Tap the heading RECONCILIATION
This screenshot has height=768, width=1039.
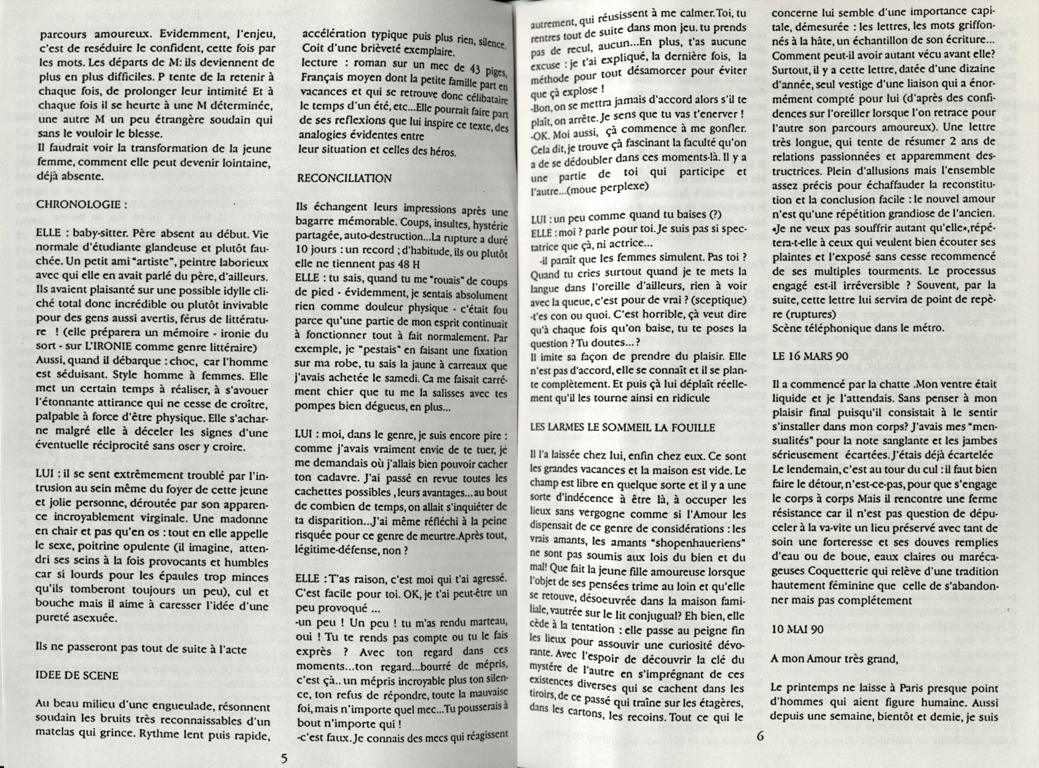click(x=344, y=178)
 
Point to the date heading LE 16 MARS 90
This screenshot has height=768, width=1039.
click(x=810, y=355)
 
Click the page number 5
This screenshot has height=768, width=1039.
click(x=285, y=758)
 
